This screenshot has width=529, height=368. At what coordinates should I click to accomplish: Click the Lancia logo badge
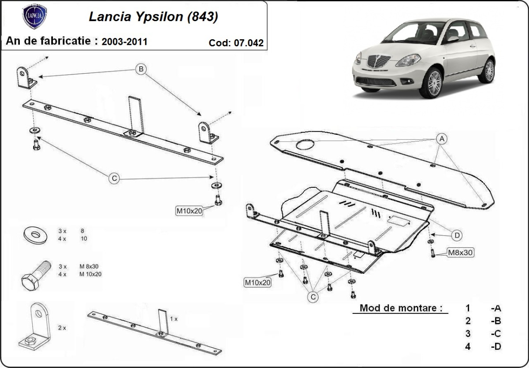click(34, 17)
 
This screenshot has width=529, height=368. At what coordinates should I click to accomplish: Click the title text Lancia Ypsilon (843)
click(153, 17)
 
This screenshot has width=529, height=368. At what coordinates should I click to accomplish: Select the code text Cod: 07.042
click(236, 43)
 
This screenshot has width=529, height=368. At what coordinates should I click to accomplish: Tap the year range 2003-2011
click(124, 42)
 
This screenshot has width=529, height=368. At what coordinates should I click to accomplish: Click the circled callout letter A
click(441, 139)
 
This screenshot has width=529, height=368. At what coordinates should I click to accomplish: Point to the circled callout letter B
click(141, 69)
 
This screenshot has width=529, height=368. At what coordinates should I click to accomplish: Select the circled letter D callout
click(457, 236)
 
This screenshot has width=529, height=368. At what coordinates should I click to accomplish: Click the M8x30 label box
click(460, 253)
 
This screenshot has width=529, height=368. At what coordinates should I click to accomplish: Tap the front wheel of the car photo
click(431, 82)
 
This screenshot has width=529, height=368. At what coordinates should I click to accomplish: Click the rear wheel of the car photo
click(488, 71)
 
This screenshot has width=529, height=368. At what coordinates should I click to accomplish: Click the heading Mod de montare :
click(401, 308)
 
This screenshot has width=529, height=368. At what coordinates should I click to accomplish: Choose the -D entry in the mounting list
click(496, 346)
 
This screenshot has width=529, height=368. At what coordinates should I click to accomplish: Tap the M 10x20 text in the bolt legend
click(90, 274)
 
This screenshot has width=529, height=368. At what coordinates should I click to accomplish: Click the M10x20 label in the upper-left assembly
click(189, 211)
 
